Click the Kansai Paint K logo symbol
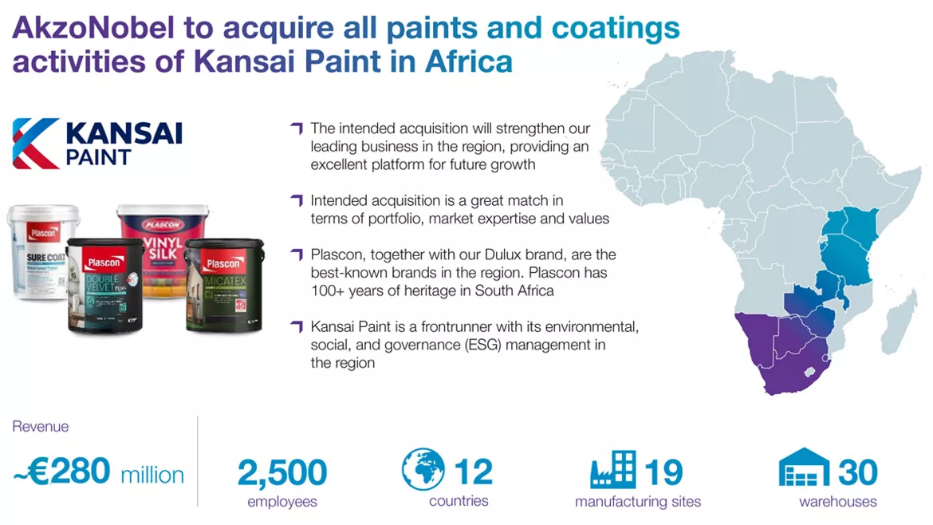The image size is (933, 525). [x=35, y=143]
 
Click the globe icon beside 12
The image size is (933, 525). [x=423, y=470]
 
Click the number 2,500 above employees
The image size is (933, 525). [x=282, y=472]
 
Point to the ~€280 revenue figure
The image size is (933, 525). [x=62, y=472]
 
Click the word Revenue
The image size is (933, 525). [x=40, y=427]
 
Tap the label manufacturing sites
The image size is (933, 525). [x=637, y=502]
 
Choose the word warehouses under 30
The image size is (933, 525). [x=837, y=502]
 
